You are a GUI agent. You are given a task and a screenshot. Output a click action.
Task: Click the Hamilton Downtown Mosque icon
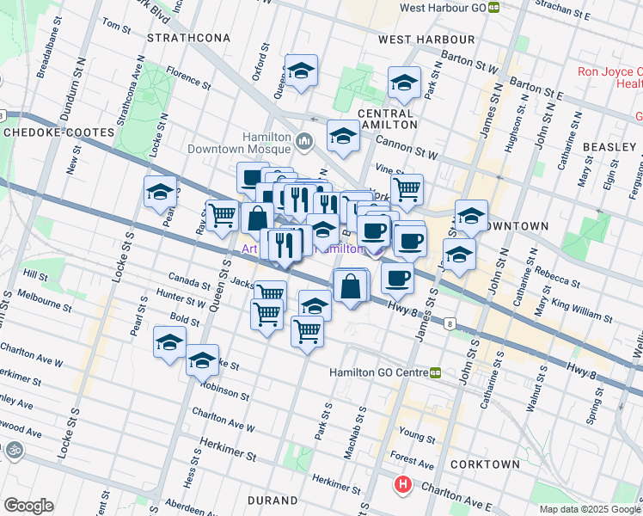click(303, 141)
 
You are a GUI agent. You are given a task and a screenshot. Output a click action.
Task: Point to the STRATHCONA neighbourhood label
click(189, 39)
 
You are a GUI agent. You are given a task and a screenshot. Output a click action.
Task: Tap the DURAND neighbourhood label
click(273, 500)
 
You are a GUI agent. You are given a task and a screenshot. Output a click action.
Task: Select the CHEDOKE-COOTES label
click(58, 132)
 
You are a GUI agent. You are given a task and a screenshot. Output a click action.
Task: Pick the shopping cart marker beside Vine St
click(407, 189)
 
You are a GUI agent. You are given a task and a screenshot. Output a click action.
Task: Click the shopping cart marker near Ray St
click(223, 215)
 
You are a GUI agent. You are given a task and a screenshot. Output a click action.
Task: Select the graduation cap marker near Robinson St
click(203, 361)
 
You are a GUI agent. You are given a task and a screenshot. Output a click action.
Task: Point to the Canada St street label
click(189, 282)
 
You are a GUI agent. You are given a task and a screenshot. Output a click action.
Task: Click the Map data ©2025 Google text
click(589, 509)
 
